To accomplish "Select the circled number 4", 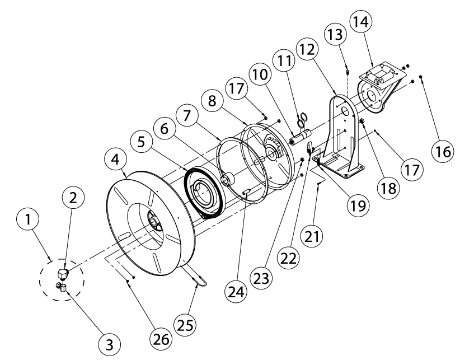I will (116, 160).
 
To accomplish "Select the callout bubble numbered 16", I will (442, 151).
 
